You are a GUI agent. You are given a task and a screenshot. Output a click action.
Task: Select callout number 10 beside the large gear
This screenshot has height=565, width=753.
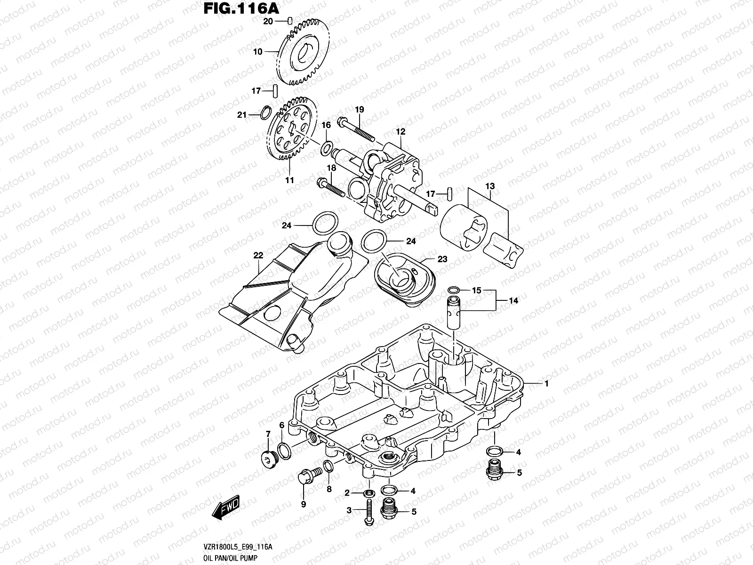[258, 52]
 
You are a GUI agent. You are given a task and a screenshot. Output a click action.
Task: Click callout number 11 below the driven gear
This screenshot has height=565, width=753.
[289, 180]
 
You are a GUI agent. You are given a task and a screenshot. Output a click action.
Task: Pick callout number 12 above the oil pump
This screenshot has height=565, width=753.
[401, 132]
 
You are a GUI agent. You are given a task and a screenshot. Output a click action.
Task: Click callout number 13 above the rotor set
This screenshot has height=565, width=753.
[490, 186]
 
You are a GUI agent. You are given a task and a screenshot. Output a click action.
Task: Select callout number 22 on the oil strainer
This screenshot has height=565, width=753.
[258, 256]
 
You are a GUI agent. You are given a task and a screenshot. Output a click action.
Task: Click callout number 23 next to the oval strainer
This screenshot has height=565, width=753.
[442, 259]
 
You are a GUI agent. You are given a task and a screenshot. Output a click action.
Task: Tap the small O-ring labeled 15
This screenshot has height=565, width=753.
[453, 290]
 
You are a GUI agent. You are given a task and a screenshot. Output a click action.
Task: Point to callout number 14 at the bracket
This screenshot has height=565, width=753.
[513, 300]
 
